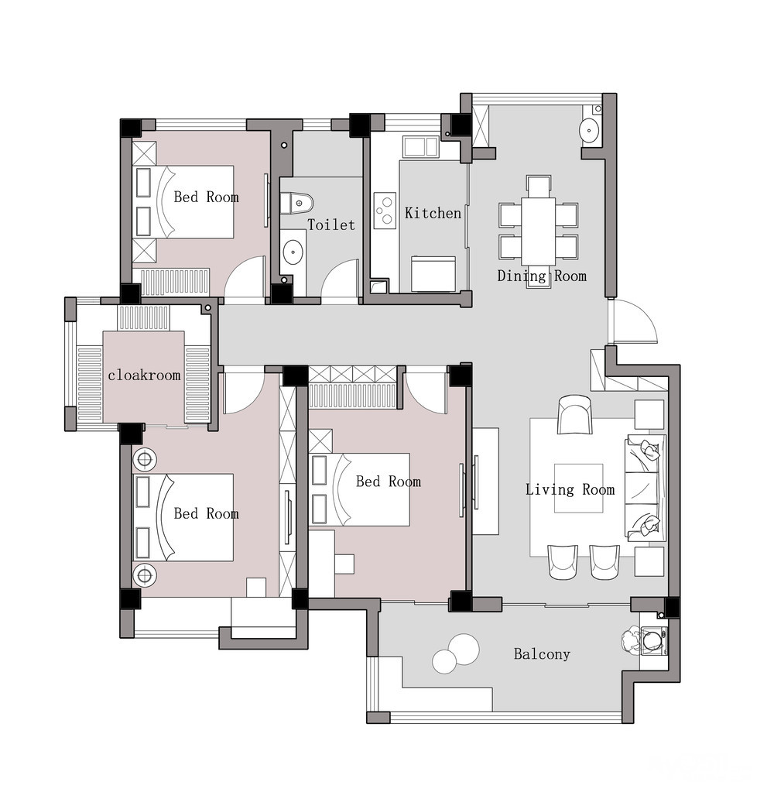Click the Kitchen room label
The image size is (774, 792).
[x=433, y=213]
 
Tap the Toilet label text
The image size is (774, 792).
[x=331, y=225]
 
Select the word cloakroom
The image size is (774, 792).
[x=144, y=375]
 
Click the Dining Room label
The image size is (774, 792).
[x=542, y=276]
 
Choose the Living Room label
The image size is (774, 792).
[x=570, y=489]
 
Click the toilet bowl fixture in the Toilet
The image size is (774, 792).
[x=296, y=203]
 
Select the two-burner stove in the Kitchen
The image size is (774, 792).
[x=385, y=211]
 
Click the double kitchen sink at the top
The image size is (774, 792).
[x=420, y=146]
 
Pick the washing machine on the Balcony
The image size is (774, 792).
[x=654, y=640]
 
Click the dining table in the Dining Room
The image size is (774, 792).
[x=538, y=231]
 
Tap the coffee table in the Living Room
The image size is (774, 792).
[x=579, y=488]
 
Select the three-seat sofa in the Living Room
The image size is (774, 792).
[x=646, y=486]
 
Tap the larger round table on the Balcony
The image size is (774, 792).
[x=464, y=649]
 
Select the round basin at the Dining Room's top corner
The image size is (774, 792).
[x=589, y=130]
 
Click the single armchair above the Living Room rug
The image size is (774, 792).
[x=574, y=414]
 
